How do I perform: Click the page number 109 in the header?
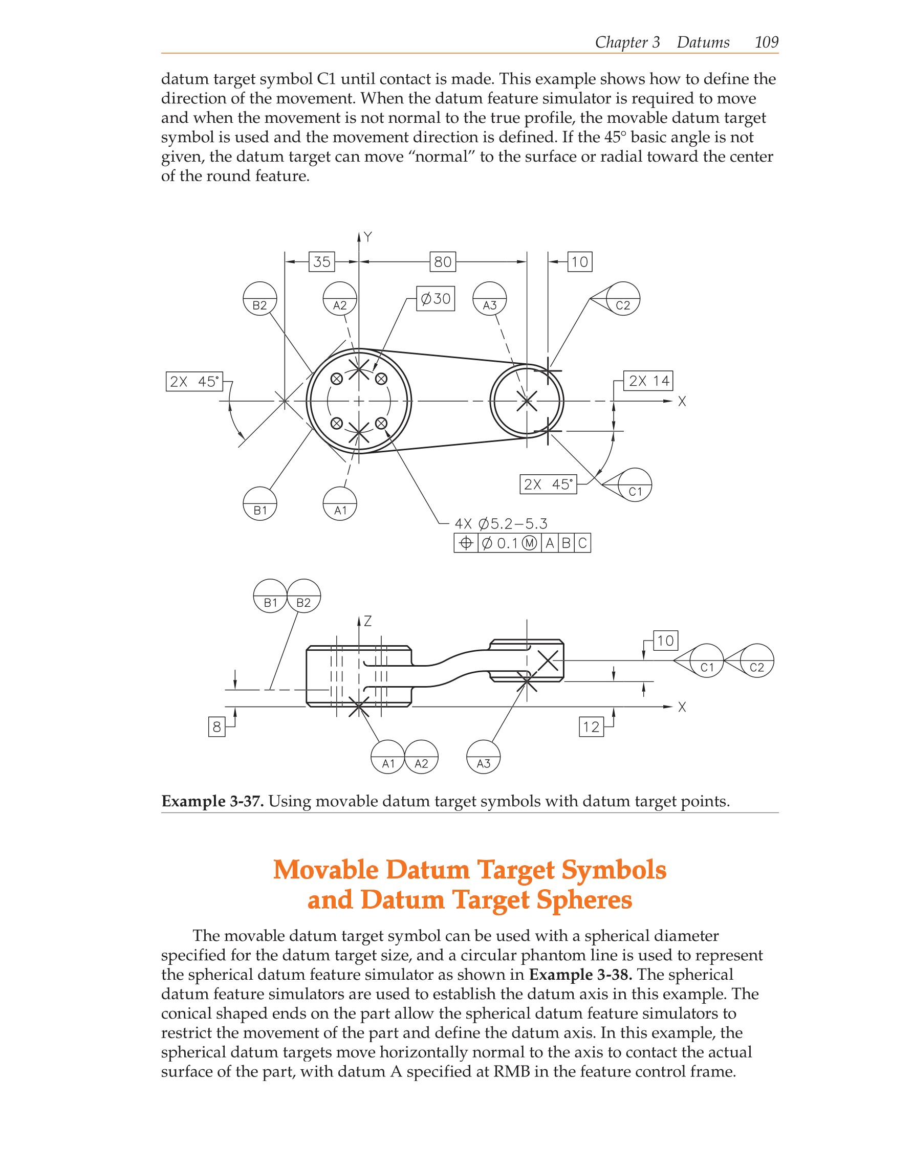point(766,42)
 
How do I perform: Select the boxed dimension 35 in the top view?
point(321,261)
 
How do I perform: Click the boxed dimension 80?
point(443,261)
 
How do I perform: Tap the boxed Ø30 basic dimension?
point(436,298)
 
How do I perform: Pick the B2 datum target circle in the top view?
point(260,299)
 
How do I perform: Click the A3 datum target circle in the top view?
point(489,299)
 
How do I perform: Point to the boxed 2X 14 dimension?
point(648,381)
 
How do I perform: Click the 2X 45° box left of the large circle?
point(194,381)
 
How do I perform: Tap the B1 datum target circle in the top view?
point(260,504)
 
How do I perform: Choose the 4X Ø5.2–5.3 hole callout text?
point(501,523)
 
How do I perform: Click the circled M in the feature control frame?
point(529,543)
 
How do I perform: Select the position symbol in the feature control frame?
point(466,543)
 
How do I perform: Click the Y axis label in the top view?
point(367,237)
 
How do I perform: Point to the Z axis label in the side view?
point(367,621)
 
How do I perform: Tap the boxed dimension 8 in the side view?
point(216,727)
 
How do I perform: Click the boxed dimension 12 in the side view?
point(591,727)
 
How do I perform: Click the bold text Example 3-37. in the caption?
point(212,801)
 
